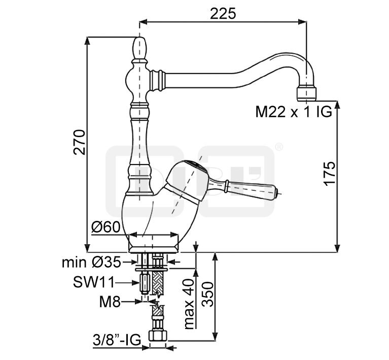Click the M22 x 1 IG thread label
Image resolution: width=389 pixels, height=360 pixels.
click(293, 112)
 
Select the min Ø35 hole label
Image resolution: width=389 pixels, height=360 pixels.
click(92, 262)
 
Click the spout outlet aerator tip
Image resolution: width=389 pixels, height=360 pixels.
click(306, 93)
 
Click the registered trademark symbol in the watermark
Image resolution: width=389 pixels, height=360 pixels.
click(278, 147)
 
